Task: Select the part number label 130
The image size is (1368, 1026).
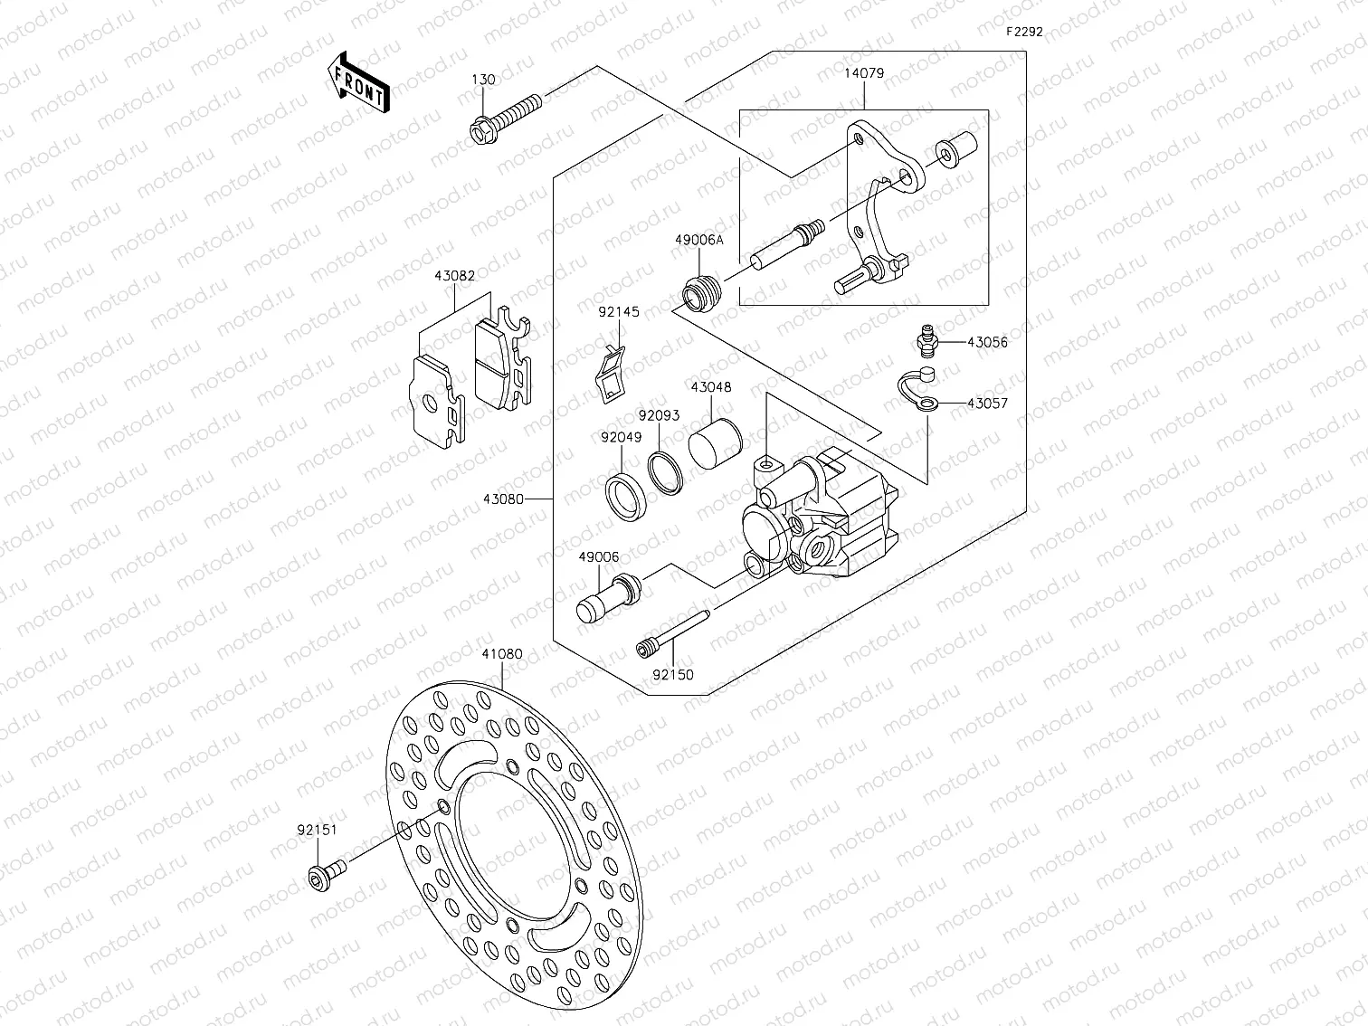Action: [483, 80]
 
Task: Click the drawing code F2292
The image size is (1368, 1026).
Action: [1024, 31]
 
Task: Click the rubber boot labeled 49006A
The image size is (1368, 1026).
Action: [699, 291]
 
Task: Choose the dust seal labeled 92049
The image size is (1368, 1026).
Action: [625, 495]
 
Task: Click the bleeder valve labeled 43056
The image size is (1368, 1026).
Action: [924, 343]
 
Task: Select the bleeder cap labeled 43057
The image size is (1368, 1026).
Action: [916, 392]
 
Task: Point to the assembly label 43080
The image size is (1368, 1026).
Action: [503, 499]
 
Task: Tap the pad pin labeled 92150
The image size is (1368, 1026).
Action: [673, 632]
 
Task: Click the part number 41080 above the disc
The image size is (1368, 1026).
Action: [502, 653]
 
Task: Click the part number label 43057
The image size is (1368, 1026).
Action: [987, 404]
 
